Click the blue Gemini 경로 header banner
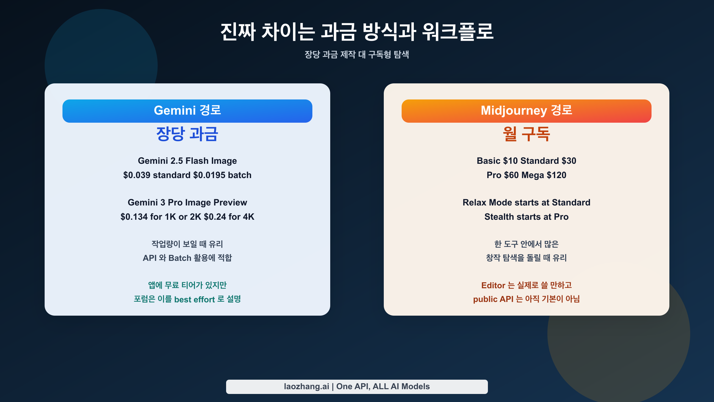(x=187, y=111)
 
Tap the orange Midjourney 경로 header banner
(x=526, y=111)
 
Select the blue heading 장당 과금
(x=187, y=134)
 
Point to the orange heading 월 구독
(x=526, y=134)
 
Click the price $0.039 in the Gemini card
(x=137, y=175)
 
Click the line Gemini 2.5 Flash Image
(x=187, y=161)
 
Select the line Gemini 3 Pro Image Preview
(x=187, y=202)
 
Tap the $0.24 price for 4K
(x=215, y=217)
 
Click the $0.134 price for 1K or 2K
(x=134, y=217)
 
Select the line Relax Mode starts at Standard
(x=526, y=202)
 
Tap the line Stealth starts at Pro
(x=526, y=217)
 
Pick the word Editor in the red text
(x=493, y=285)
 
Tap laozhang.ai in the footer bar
(x=306, y=387)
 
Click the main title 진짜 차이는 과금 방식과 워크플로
(x=357, y=32)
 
